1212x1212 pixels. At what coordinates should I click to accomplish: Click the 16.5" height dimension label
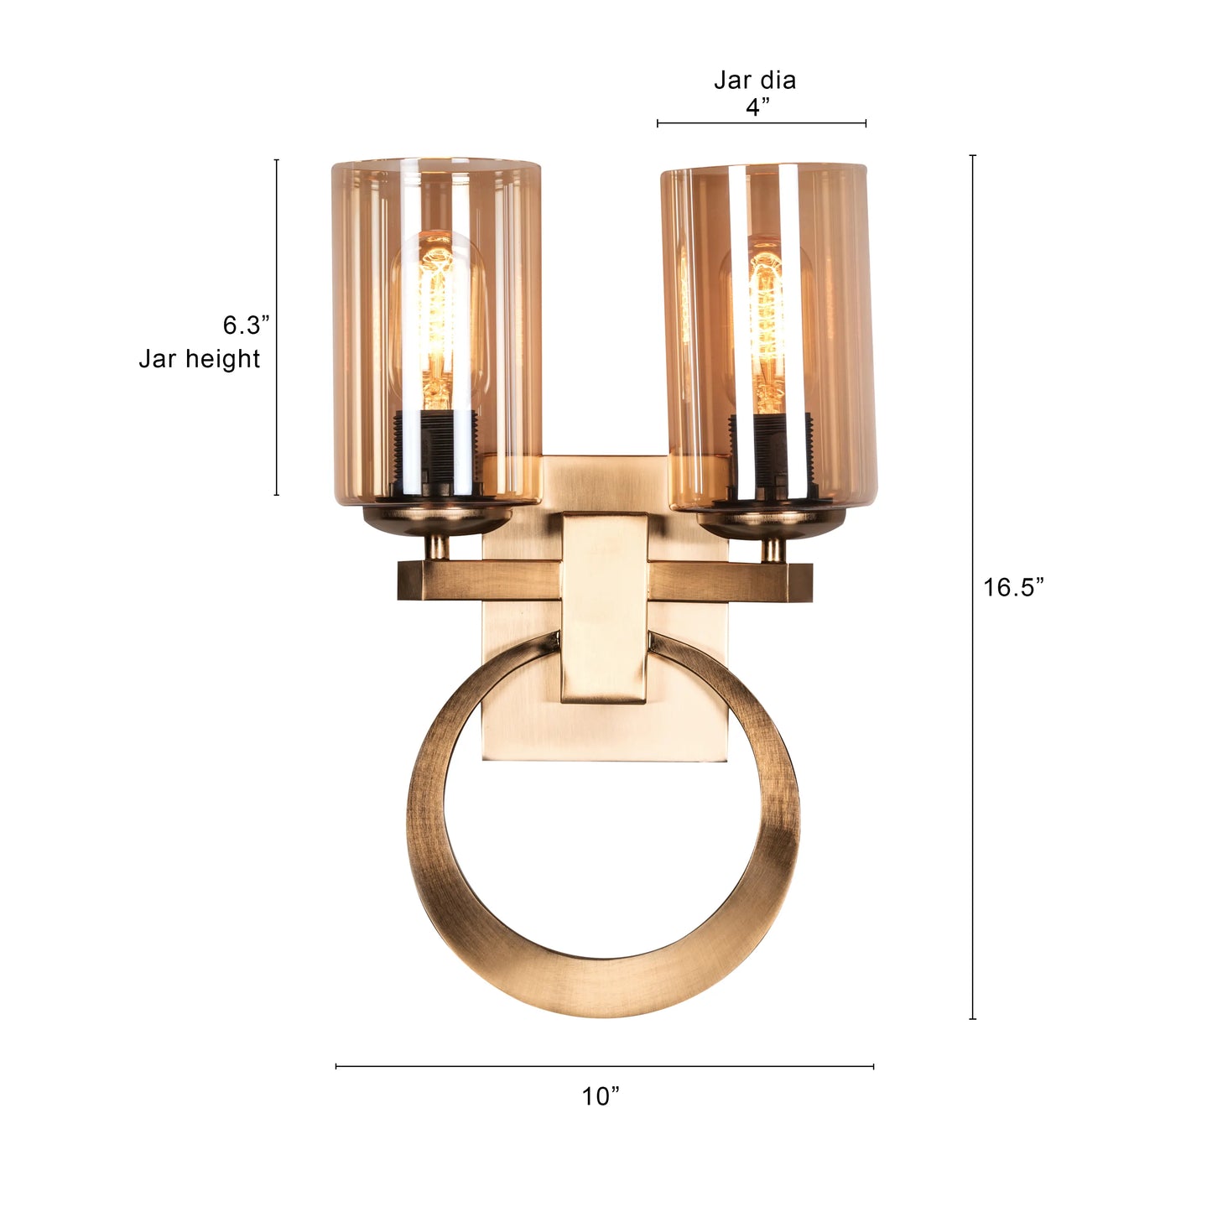coord(1013,587)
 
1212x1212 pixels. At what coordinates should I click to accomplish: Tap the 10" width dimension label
coord(601,1096)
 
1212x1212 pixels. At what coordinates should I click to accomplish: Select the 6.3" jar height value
coord(247,325)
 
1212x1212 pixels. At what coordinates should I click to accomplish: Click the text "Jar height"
coord(200,359)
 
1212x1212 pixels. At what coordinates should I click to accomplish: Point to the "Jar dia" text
coord(755,81)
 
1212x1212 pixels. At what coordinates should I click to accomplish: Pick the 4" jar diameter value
coord(757,107)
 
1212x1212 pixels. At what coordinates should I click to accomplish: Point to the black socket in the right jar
coord(767,453)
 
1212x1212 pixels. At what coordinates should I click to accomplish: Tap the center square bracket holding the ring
coord(604,608)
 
